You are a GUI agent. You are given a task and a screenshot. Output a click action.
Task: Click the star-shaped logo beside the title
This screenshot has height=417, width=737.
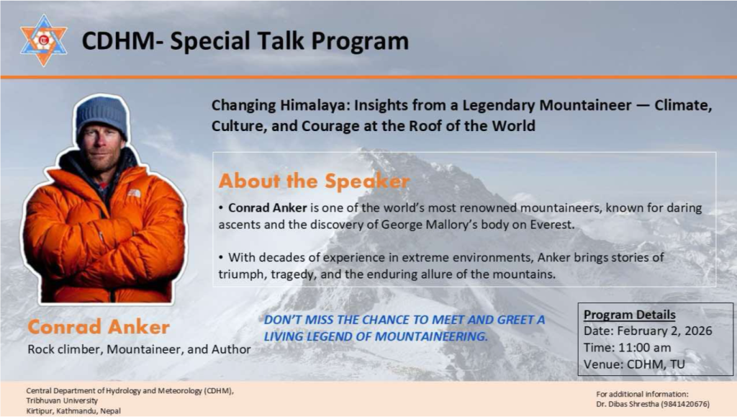[44, 40]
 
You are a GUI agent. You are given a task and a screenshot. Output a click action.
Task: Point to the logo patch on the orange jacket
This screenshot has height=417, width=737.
[134, 193]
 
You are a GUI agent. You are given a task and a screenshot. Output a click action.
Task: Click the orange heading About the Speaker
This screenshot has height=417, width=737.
[314, 181]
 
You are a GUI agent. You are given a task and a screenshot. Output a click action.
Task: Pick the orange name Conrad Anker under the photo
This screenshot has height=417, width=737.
[99, 327]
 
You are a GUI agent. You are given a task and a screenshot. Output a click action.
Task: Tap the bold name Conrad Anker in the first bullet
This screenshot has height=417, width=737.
[268, 208]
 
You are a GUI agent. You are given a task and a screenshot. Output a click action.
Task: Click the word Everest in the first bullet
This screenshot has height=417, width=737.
[552, 225]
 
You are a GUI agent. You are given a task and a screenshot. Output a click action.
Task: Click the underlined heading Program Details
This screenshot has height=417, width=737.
[629, 315]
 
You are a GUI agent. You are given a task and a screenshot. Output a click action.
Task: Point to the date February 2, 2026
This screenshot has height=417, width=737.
[664, 331]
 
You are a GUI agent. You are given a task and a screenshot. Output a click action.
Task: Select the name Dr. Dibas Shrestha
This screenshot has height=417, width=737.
[628, 404]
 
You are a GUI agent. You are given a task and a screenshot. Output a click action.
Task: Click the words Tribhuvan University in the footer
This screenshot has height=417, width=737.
[62, 400]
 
